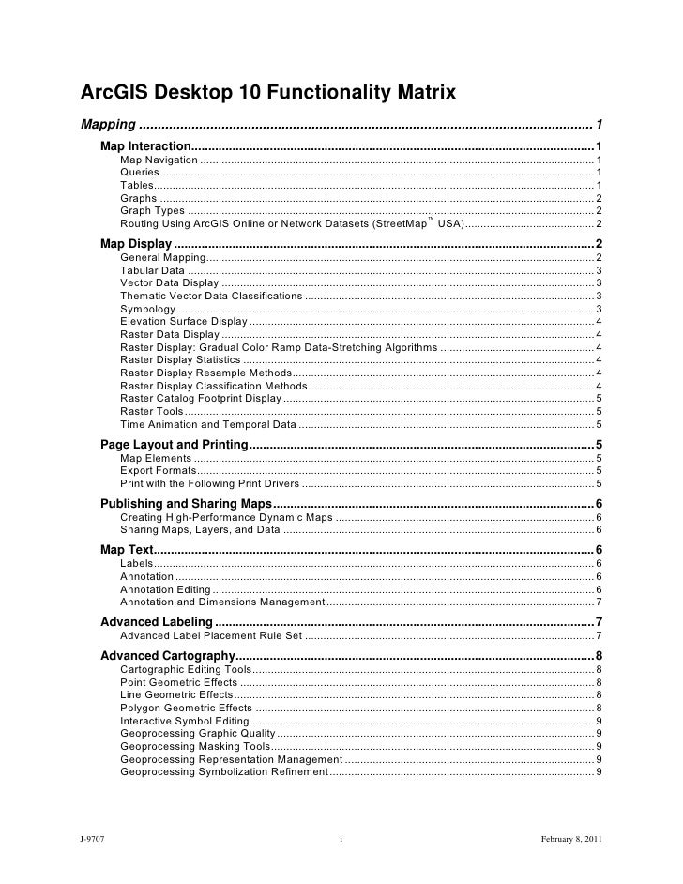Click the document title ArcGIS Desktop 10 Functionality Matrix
click(268, 93)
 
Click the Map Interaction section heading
click(145, 147)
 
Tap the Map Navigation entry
click(159, 161)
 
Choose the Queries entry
click(140, 174)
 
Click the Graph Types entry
click(152, 210)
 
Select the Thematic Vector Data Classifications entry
click(211, 296)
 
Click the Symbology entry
click(147, 309)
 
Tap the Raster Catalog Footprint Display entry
click(200, 398)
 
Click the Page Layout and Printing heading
click(174, 445)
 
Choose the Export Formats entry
click(159, 470)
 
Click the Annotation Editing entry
click(165, 589)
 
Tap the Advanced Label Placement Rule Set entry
click(211, 636)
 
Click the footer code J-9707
click(91, 837)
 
